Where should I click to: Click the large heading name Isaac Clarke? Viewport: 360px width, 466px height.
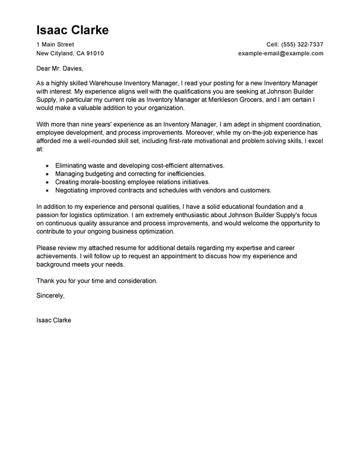pos(73,30)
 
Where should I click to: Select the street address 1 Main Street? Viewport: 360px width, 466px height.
pos(56,45)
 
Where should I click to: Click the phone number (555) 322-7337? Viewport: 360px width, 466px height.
pos(304,45)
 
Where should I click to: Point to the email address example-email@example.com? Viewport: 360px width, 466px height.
pos(281,53)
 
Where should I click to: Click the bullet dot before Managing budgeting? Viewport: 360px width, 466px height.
pos(46,172)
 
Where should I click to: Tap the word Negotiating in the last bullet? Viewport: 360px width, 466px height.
pos(74,190)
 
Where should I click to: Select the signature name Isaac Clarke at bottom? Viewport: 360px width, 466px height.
pos(53,321)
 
